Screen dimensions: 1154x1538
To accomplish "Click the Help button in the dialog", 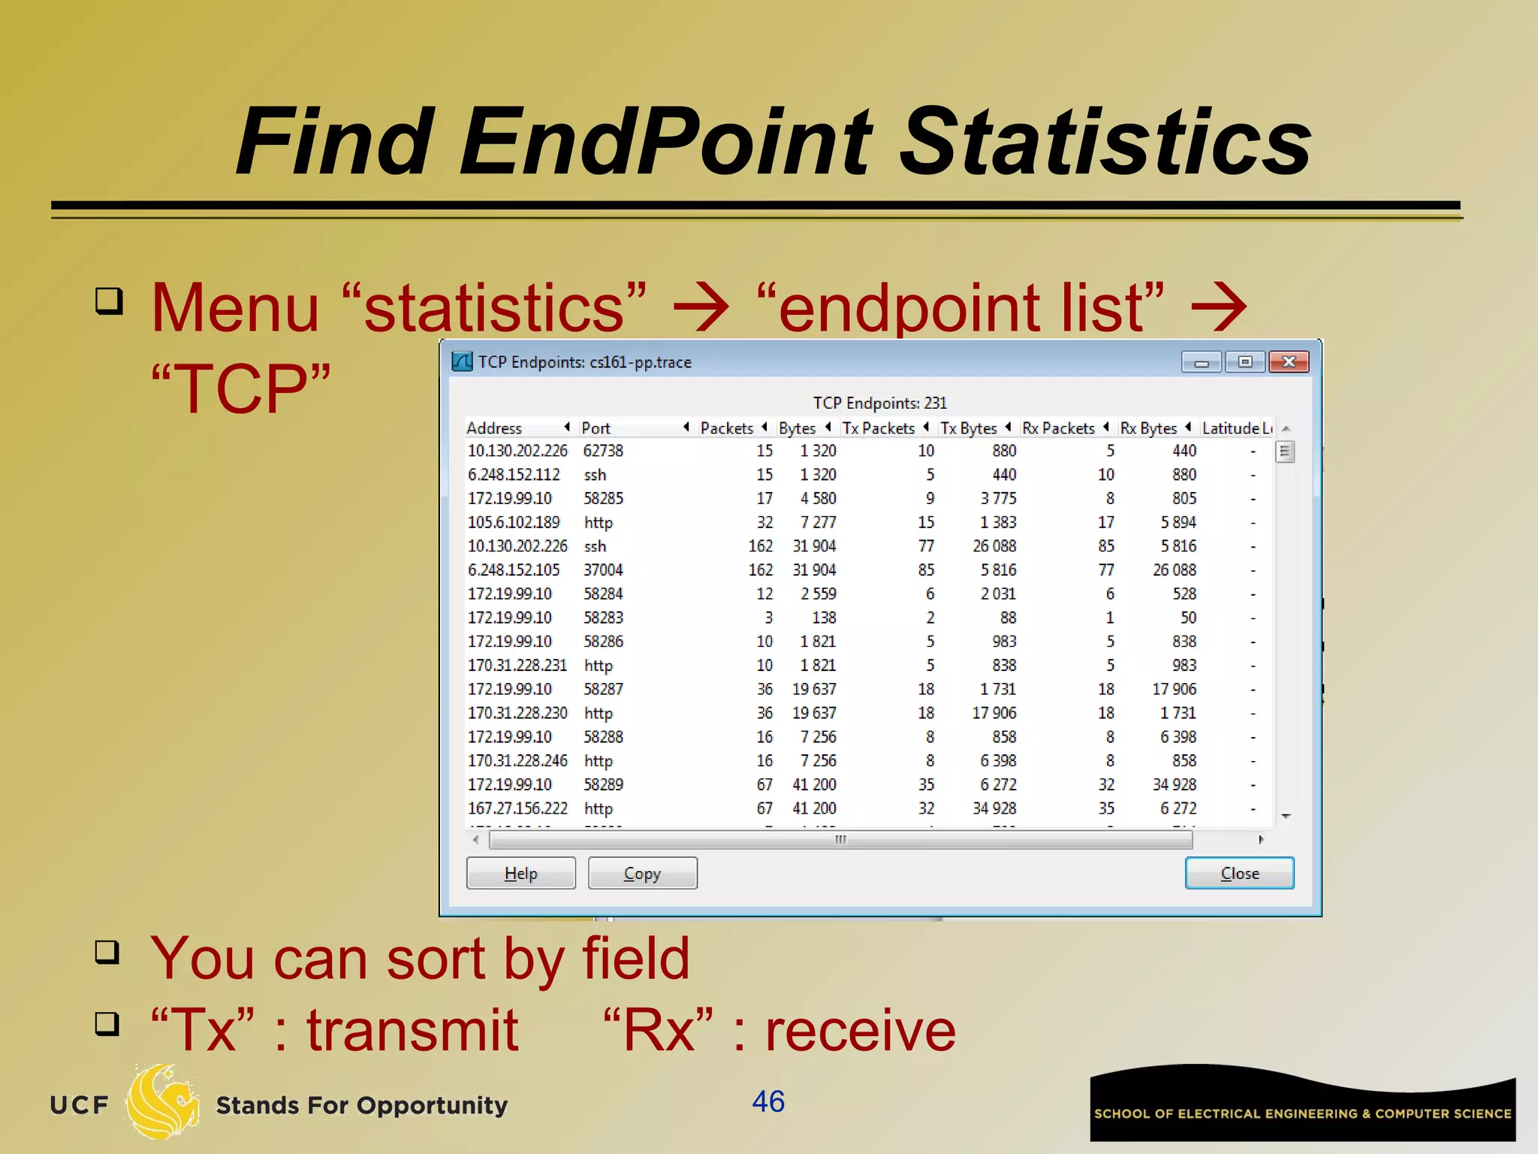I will (520, 873).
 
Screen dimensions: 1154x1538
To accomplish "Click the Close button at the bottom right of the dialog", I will (1239, 873).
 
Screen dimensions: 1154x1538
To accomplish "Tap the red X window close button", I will (1289, 362).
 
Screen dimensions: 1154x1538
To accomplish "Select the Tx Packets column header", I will (878, 428).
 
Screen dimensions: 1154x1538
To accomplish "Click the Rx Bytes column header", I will (1148, 428).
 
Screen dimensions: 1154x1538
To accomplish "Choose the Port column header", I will (596, 428).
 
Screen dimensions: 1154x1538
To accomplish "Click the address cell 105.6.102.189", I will (514, 522).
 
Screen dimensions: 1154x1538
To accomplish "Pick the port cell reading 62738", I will (603, 451).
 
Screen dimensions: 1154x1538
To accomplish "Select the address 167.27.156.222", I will (517, 808).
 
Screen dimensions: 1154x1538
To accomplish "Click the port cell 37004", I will (603, 570).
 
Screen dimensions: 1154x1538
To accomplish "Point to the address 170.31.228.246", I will (517, 761).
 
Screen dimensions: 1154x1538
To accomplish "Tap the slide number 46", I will (768, 1102).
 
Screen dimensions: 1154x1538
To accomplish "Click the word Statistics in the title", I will (1105, 143).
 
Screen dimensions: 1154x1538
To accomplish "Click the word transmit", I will (412, 1030).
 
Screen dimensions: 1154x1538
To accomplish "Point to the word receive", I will (861, 1030).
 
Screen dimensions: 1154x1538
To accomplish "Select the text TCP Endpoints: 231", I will (879, 403).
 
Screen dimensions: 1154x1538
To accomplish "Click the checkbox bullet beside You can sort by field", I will (107, 952).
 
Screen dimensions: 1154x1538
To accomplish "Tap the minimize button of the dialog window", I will (1201, 362).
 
